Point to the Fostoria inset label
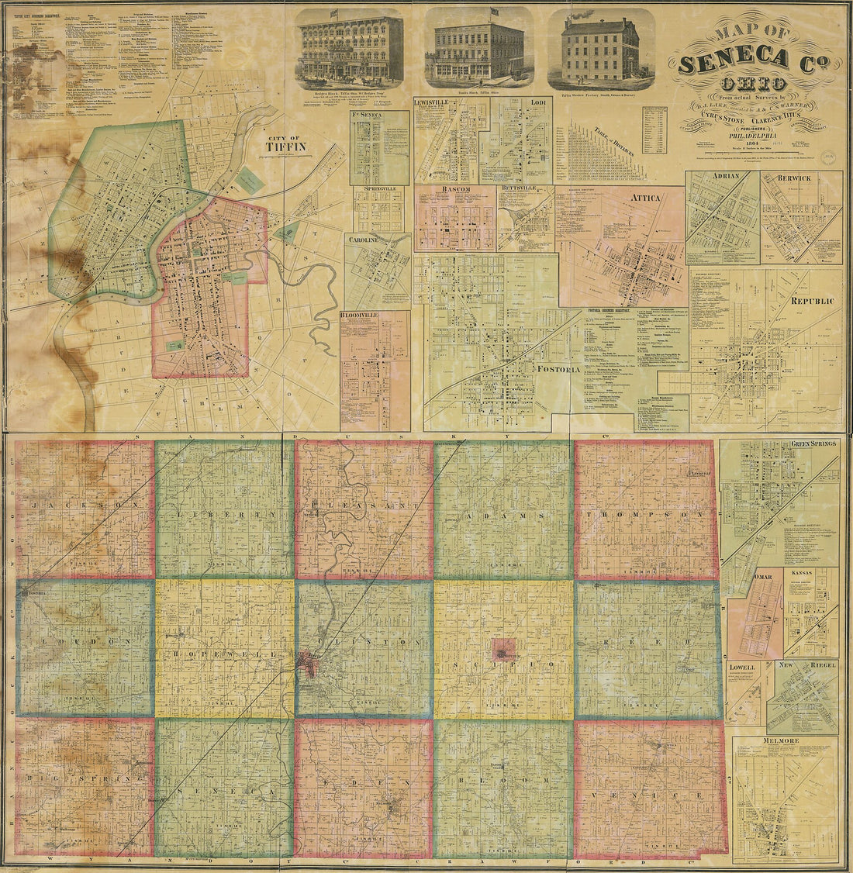tap(558, 370)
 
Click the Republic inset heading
tap(812, 301)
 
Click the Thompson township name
tap(645, 515)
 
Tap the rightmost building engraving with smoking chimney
tap(600, 49)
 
